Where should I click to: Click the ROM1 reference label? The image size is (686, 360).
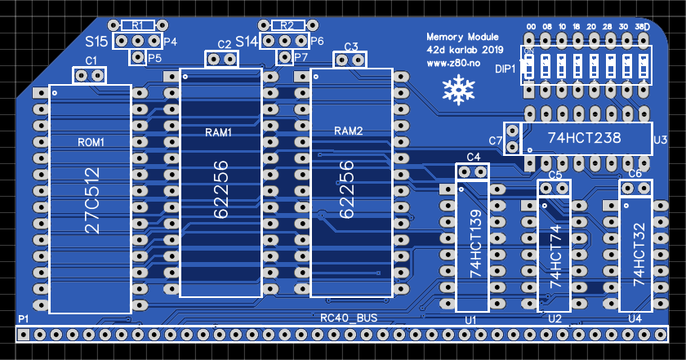[x=91, y=142]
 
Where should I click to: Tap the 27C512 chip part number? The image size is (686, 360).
[x=92, y=200]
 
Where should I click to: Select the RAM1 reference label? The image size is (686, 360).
[x=218, y=131]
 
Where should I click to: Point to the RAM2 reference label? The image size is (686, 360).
[x=348, y=131]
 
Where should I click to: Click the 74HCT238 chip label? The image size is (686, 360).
[x=584, y=139]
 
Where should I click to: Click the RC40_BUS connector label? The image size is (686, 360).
[x=349, y=318]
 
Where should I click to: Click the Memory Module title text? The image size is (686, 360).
[x=462, y=37]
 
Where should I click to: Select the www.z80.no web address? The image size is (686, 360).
[x=452, y=63]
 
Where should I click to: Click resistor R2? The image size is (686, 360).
[x=287, y=25]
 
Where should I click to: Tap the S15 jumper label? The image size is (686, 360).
[x=96, y=41]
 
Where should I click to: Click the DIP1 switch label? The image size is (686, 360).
[x=506, y=69]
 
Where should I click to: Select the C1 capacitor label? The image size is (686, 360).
[x=91, y=61]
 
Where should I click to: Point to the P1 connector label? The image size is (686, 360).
[x=24, y=318]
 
